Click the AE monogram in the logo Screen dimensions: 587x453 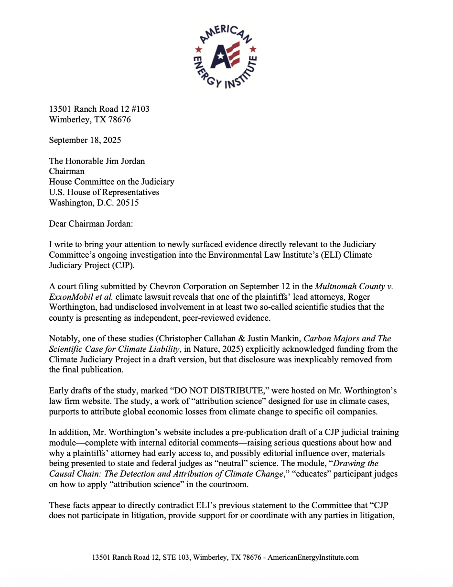tap(226, 56)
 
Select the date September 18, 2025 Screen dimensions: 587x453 tap(85, 140)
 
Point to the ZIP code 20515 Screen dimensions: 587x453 tap(128, 202)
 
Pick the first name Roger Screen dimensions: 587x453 tap(358, 297)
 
